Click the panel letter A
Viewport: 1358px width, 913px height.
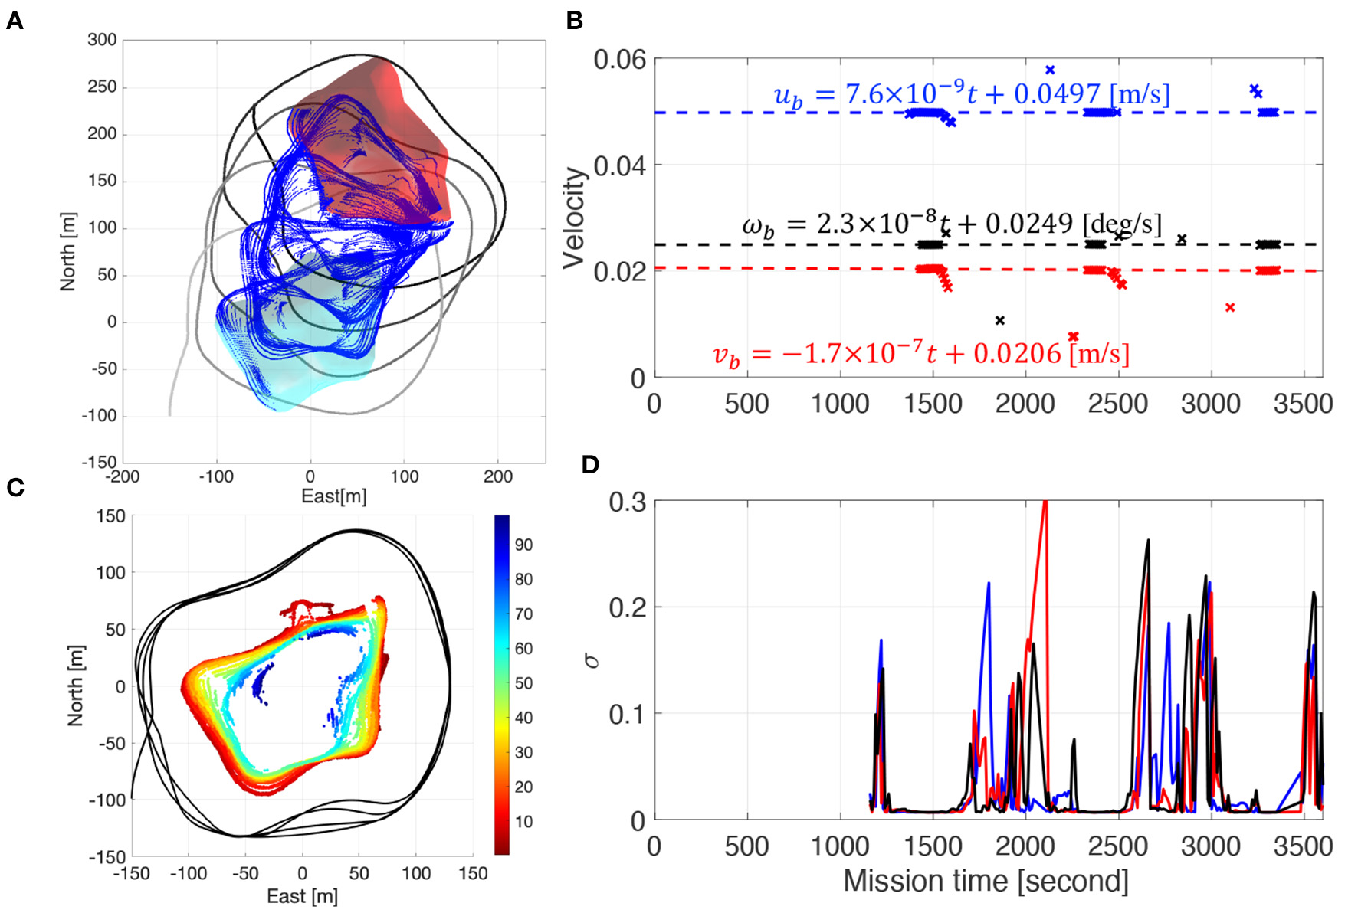click(x=15, y=21)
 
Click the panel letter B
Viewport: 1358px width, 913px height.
click(x=575, y=21)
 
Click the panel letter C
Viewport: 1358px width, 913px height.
click(x=15, y=487)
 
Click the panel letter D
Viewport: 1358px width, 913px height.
click(x=590, y=464)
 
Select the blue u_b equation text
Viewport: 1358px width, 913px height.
click(x=971, y=94)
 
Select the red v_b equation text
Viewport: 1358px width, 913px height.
click(x=920, y=354)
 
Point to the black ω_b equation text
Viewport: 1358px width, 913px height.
click(x=951, y=224)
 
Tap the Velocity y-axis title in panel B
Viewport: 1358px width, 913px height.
click(x=574, y=218)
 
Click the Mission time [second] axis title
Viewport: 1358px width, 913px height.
click(x=986, y=881)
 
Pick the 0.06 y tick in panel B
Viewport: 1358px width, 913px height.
click(x=619, y=60)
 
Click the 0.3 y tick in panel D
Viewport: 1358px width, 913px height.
click(x=627, y=502)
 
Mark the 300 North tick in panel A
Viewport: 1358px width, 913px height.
click(x=102, y=40)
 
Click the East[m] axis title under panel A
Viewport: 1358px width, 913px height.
click(x=333, y=496)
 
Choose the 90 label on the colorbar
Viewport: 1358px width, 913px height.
click(x=523, y=545)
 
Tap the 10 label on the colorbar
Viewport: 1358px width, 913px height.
click(x=523, y=821)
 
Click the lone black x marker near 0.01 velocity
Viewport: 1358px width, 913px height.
click(x=999, y=320)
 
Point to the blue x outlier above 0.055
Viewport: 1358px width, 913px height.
click(x=1050, y=70)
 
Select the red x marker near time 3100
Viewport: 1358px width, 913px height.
click(x=1230, y=307)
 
